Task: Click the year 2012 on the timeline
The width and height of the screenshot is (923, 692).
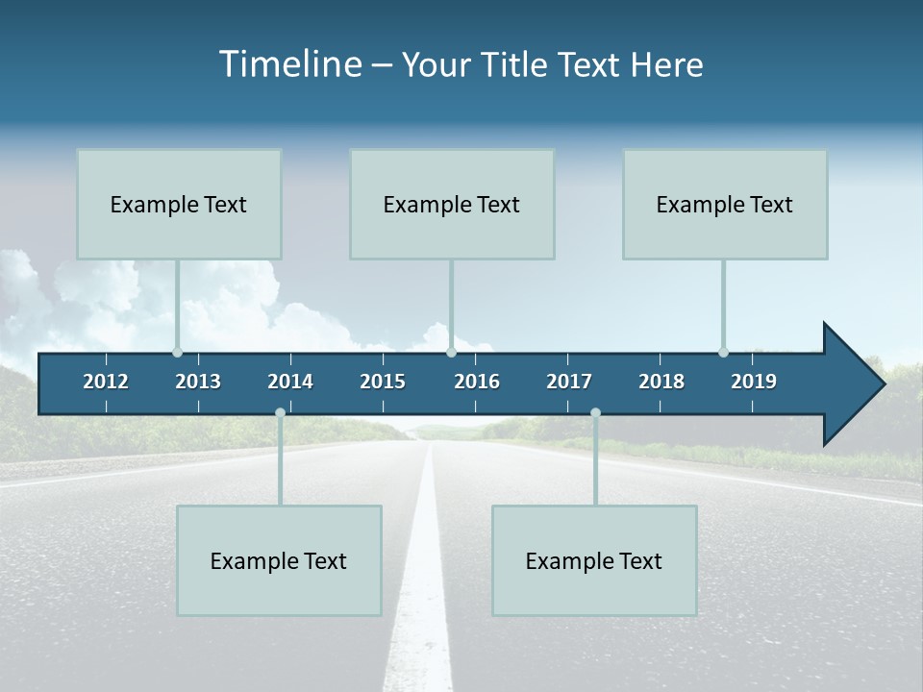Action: [106, 382]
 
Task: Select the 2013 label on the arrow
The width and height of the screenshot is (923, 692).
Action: [198, 382]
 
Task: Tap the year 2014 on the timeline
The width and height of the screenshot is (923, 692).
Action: [290, 382]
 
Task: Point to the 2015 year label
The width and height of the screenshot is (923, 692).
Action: [383, 382]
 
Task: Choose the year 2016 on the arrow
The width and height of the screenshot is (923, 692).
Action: [477, 382]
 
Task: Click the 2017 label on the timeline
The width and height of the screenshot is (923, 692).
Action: [569, 382]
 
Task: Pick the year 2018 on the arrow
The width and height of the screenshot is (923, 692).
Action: [661, 382]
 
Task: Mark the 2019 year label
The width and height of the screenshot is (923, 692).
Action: [754, 382]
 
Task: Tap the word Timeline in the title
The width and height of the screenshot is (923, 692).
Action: [289, 64]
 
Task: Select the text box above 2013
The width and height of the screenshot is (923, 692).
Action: [179, 204]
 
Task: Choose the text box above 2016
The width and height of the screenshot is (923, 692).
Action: [452, 204]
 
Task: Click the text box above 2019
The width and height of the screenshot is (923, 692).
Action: [725, 204]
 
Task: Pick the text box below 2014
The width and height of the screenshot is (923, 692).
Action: [279, 560]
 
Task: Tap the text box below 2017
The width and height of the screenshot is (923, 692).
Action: [594, 560]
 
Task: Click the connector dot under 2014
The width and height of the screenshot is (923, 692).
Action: [280, 412]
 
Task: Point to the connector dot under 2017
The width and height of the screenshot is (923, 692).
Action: [595, 412]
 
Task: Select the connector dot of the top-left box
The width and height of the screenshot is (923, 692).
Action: [177, 352]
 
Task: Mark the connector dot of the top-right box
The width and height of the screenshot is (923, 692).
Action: [723, 352]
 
